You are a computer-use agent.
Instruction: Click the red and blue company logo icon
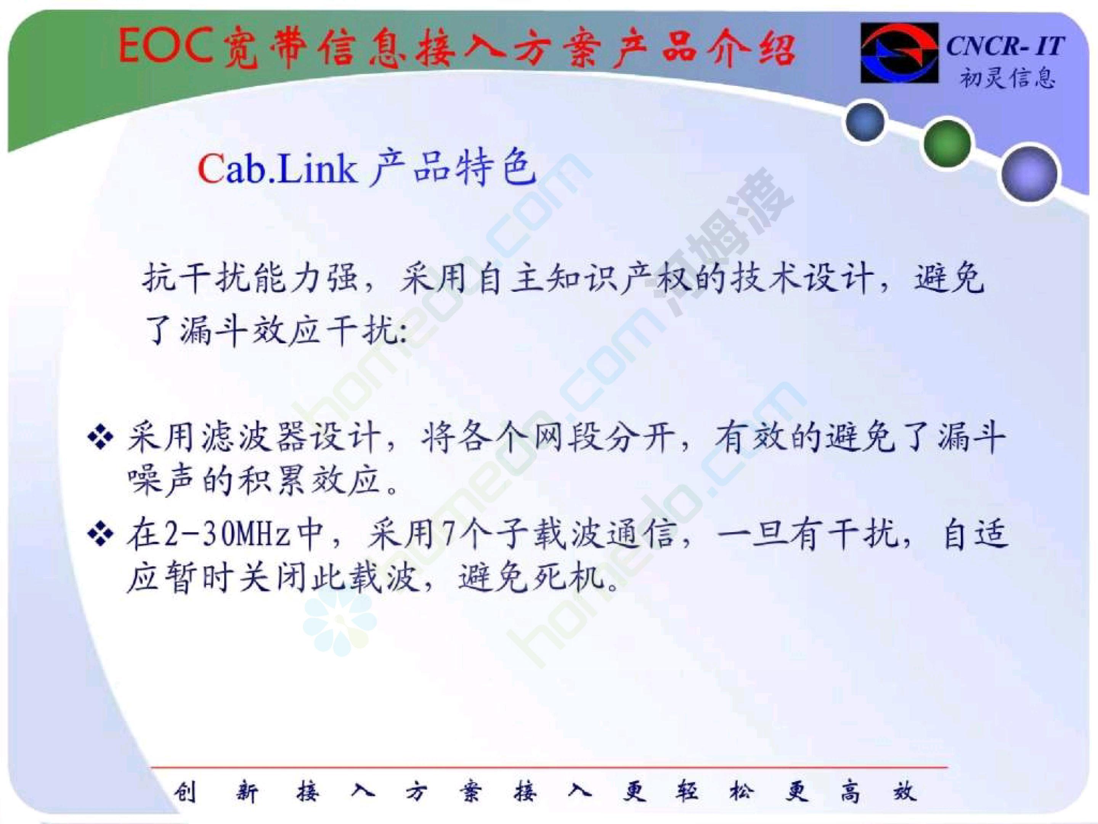(899, 53)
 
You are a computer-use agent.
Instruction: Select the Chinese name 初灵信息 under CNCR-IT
(1007, 77)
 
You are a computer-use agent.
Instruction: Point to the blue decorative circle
(865, 122)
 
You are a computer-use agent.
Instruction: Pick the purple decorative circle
(1029, 174)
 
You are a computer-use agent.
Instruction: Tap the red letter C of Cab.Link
(212, 169)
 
